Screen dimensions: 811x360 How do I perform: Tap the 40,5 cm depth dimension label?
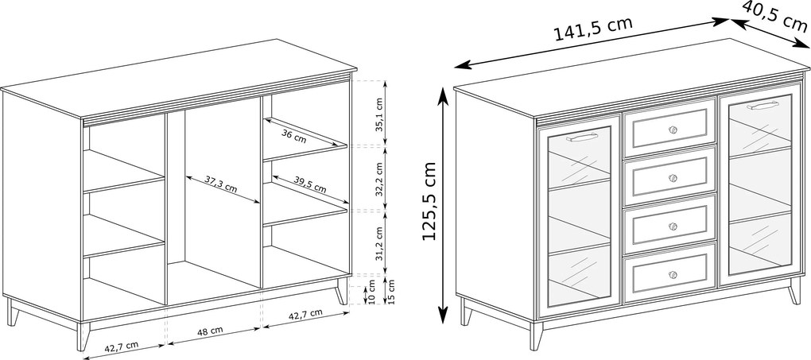pyautogui.click(x=775, y=15)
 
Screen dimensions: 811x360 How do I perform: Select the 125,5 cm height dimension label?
pyautogui.click(x=429, y=201)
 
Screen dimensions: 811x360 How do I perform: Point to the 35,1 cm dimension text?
pyautogui.click(x=379, y=114)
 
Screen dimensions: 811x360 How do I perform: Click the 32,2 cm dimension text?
pyautogui.click(x=379, y=180)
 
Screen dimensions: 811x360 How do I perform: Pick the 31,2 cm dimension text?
pyautogui.click(x=379, y=243)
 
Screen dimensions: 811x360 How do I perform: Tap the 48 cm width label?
pyautogui.click(x=209, y=330)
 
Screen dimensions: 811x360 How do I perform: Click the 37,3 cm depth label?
pyautogui.click(x=220, y=184)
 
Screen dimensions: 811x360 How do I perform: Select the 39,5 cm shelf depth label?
pyautogui.click(x=310, y=182)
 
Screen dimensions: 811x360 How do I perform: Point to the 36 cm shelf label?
pyautogui.click(x=293, y=136)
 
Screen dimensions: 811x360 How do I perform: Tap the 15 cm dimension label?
pyautogui.click(x=390, y=291)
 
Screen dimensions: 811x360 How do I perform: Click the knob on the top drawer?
pyautogui.click(x=673, y=130)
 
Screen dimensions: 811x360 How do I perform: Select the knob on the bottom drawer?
pyautogui.click(x=673, y=274)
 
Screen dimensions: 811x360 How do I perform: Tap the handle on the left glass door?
pyautogui.click(x=582, y=137)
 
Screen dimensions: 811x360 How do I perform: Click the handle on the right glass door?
pyautogui.click(x=763, y=106)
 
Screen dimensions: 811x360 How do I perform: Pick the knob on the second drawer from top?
pyautogui.click(x=673, y=178)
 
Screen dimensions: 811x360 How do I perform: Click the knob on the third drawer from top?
pyautogui.click(x=673, y=226)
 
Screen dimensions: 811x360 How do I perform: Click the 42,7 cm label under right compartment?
pyautogui.click(x=305, y=314)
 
